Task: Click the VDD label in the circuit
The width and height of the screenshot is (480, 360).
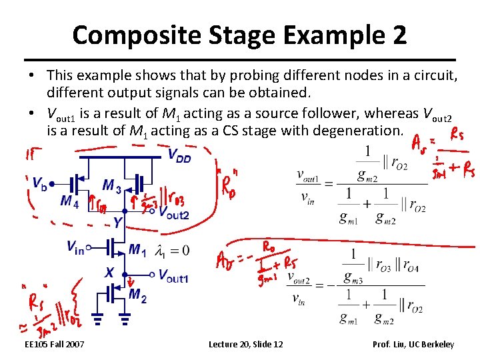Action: (x=180, y=155)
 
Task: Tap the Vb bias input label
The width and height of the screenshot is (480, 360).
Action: (x=40, y=182)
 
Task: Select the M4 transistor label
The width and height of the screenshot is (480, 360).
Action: (x=69, y=201)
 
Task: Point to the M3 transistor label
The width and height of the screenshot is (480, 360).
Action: (x=112, y=186)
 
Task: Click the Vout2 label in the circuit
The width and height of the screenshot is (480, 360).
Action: (x=174, y=213)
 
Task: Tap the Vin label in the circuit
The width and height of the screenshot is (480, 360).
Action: (x=75, y=247)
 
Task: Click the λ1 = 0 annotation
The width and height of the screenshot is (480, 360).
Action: (x=172, y=251)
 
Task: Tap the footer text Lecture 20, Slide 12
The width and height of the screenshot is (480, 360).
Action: (x=245, y=344)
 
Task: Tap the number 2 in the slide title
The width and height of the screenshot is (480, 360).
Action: (x=399, y=35)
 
